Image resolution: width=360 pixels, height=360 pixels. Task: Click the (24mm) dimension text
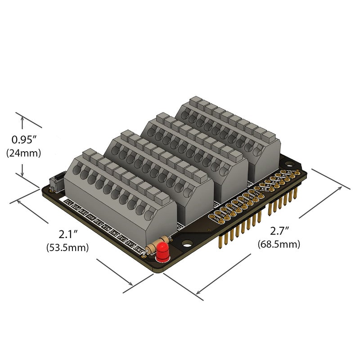pos(24,153)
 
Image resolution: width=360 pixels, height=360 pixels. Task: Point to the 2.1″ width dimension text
pos(69,234)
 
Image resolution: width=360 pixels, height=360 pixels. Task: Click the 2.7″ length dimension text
pos(280,231)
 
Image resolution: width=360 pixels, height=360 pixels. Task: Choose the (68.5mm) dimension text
pos(279,244)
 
